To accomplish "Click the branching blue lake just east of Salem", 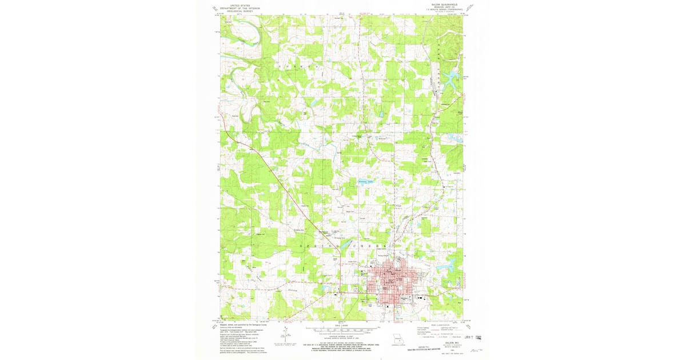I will pos(449,263).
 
